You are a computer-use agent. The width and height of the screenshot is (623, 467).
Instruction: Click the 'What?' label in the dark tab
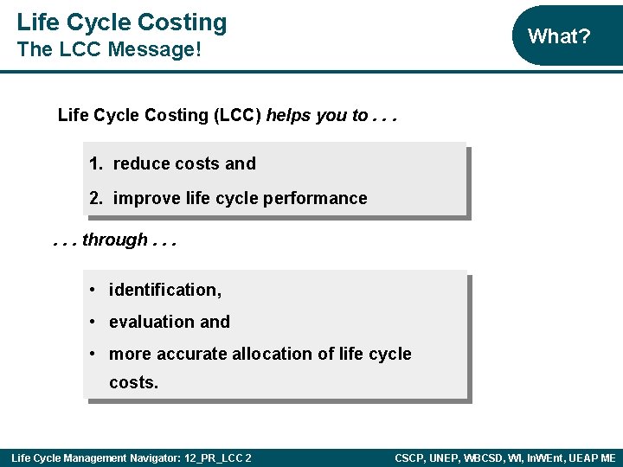pyautogui.click(x=558, y=36)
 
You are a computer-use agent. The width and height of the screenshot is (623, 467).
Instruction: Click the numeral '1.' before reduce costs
pyautogui.click(x=96, y=163)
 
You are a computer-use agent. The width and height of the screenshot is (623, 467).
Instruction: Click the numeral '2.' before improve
pyautogui.click(x=96, y=198)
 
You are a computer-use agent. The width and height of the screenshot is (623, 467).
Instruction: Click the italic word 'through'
pyautogui.click(x=115, y=240)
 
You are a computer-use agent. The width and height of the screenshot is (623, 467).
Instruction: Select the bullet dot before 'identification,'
pyautogui.click(x=92, y=290)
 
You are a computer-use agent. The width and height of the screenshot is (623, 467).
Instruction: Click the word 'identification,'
pyautogui.click(x=165, y=290)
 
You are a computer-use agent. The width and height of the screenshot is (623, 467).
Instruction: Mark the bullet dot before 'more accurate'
pyautogui.click(x=92, y=354)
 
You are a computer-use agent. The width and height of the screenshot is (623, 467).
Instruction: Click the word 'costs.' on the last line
pyautogui.click(x=134, y=382)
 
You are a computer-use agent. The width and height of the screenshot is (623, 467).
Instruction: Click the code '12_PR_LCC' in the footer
pyautogui.click(x=213, y=457)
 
